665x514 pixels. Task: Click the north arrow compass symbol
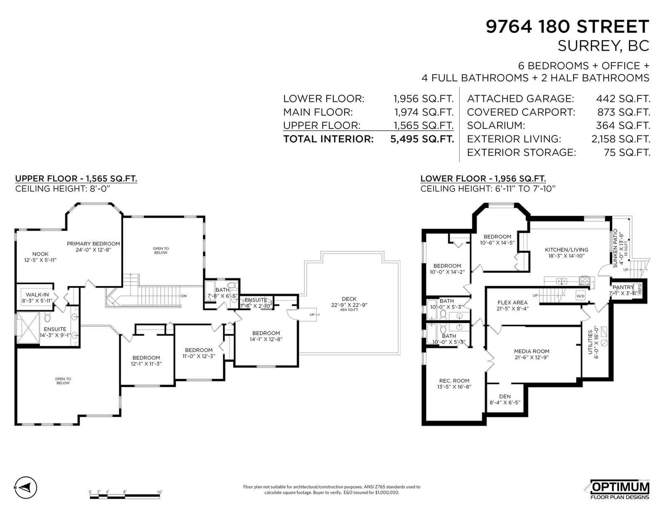tap(26, 487)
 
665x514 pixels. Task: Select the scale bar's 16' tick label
tap(160, 492)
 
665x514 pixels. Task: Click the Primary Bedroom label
tap(94, 246)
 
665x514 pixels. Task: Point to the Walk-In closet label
tap(37, 298)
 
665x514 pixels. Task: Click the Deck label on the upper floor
tap(349, 304)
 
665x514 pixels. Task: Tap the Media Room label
tap(532, 354)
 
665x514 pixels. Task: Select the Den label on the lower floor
tap(505, 399)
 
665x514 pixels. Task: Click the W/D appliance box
tap(580, 296)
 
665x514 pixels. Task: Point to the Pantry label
tap(625, 290)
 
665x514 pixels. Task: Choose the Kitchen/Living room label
tap(566, 253)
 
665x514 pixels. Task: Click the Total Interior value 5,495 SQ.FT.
tap(422, 139)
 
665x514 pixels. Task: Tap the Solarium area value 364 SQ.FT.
tap(623, 125)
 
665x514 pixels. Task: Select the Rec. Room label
tap(454, 384)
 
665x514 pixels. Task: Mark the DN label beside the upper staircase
tap(184, 296)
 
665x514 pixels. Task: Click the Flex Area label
tap(512, 305)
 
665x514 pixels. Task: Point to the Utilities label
tap(593, 342)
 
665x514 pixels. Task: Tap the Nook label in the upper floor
tap(40, 257)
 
